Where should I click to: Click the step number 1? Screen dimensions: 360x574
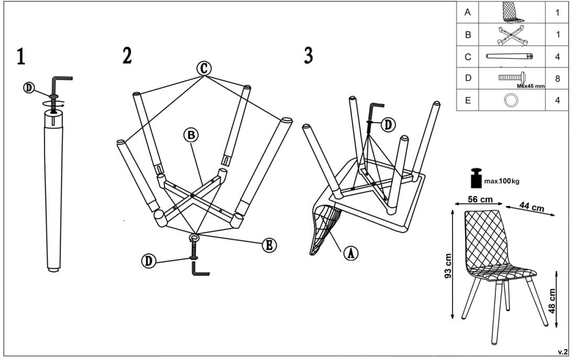pos(20,57)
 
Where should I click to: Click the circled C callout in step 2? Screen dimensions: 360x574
pos(204,69)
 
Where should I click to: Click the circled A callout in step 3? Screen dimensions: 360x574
pos(350,253)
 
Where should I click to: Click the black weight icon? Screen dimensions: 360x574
pos(477,178)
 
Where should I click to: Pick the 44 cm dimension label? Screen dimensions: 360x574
pos(532,207)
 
